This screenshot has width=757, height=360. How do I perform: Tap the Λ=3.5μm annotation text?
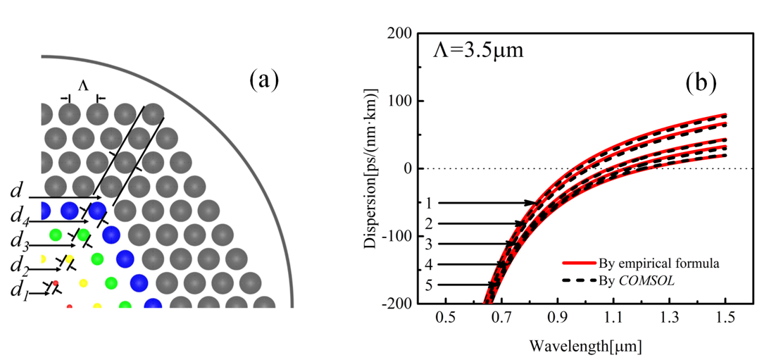coord(477,51)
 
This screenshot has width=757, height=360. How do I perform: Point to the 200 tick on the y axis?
coord(401,33)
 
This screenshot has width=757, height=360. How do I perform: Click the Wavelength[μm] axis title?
coord(585,346)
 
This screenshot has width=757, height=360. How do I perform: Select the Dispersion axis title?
coord(370,168)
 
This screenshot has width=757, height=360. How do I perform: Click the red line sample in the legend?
coord(579,264)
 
